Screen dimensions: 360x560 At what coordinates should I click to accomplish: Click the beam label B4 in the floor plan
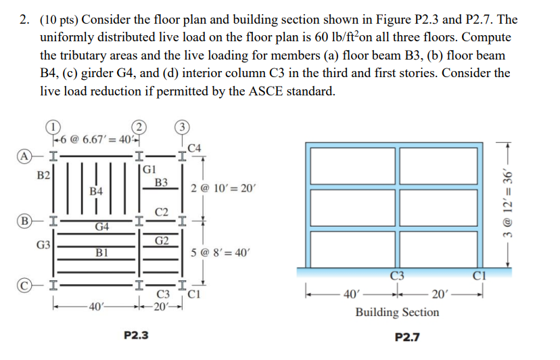pos(96,192)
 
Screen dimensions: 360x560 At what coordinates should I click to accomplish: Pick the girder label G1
pos(150,169)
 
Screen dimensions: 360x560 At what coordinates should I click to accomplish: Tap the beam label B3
pos(161,182)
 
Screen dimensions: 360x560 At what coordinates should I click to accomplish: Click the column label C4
pos(193,147)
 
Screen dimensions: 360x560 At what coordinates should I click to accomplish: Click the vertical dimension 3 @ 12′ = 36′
pos(528,203)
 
